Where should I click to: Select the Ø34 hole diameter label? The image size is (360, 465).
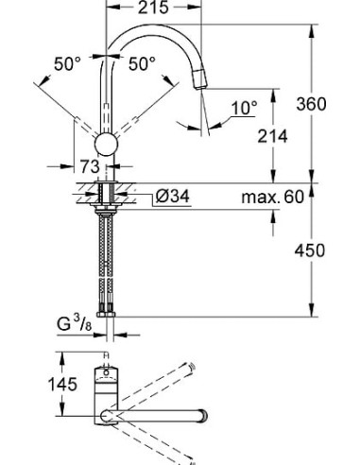[173, 198]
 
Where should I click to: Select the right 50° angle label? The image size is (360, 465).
[141, 64]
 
